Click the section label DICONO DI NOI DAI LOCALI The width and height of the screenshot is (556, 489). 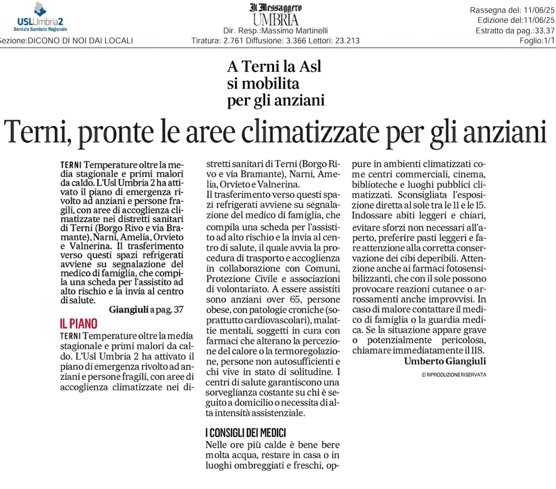click(80, 41)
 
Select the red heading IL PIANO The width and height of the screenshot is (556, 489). click(79, 324)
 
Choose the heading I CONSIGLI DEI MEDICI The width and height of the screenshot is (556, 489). click(246, 433)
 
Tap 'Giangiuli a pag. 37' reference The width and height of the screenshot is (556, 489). click(146, 309)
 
